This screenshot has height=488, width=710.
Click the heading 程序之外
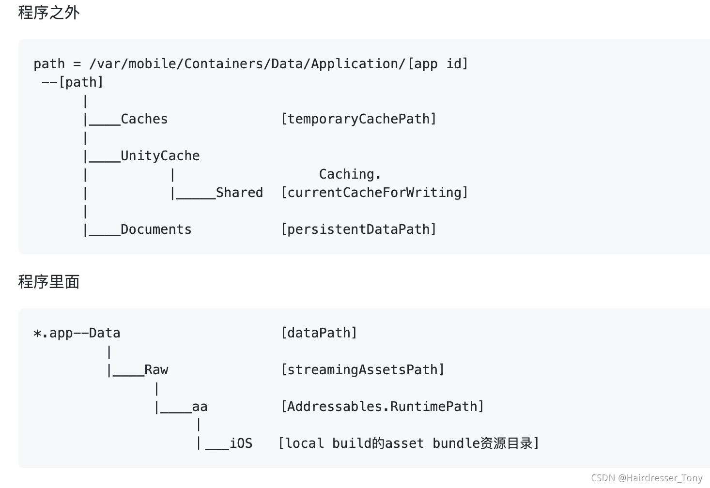click(x=48, y=13)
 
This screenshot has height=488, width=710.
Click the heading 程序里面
click(x=48, y=281)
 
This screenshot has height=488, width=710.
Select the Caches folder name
click(x=144, y=119)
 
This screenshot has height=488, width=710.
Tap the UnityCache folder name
click(x=160, y=156)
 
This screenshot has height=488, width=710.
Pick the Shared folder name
click(x=239, y=193)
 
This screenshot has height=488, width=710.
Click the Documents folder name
click(x=156, y=229)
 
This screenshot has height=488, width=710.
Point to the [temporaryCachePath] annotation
click(x=358, y=119)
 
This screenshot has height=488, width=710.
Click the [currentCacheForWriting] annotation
click(x=374, y=193)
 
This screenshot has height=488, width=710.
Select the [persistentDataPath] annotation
click(x=358, y=229)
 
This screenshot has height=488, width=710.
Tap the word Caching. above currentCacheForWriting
click(x=350, y=174)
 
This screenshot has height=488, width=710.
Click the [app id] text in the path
click(x=438, y=64)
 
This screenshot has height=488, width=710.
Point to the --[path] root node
click(x=73, y=82)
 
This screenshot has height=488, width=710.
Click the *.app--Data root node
click(x=77, y=333)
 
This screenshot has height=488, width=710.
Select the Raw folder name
click(x=156, y=370)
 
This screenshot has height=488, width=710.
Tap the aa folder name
click(x=200, y=407)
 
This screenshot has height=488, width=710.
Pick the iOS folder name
click(x=241, y=443)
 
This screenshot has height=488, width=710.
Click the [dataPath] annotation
click(x=319, y=333)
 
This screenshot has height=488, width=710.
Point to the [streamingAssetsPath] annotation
click(x=362, y=370)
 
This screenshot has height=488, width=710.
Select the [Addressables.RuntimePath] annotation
click(x=382, y=407)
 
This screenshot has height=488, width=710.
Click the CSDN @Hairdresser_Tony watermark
click(x=647, y=478)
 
